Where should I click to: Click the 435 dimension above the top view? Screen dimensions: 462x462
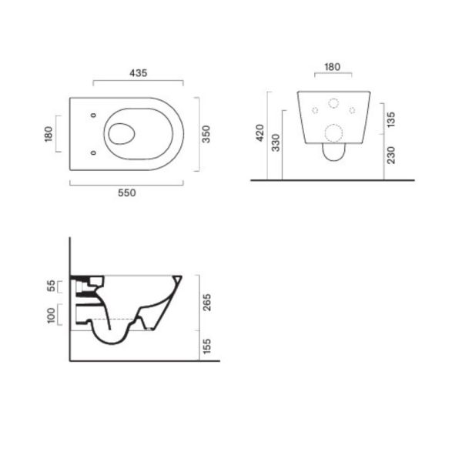click(138, 73)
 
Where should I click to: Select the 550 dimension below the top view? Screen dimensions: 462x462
click(127, 193)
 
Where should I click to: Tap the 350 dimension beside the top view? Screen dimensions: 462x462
click(206, 134)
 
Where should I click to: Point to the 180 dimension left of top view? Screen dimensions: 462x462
click(49, 134)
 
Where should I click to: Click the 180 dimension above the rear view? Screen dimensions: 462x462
click(333, 67)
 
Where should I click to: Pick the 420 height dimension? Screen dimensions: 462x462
click(260, 133)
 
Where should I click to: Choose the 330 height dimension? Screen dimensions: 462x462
click(276, 143)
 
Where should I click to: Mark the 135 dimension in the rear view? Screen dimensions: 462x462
click(391, 119)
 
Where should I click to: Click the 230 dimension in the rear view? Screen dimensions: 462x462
click(391, 155)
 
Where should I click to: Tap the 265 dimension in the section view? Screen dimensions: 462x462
click(207, 303)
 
